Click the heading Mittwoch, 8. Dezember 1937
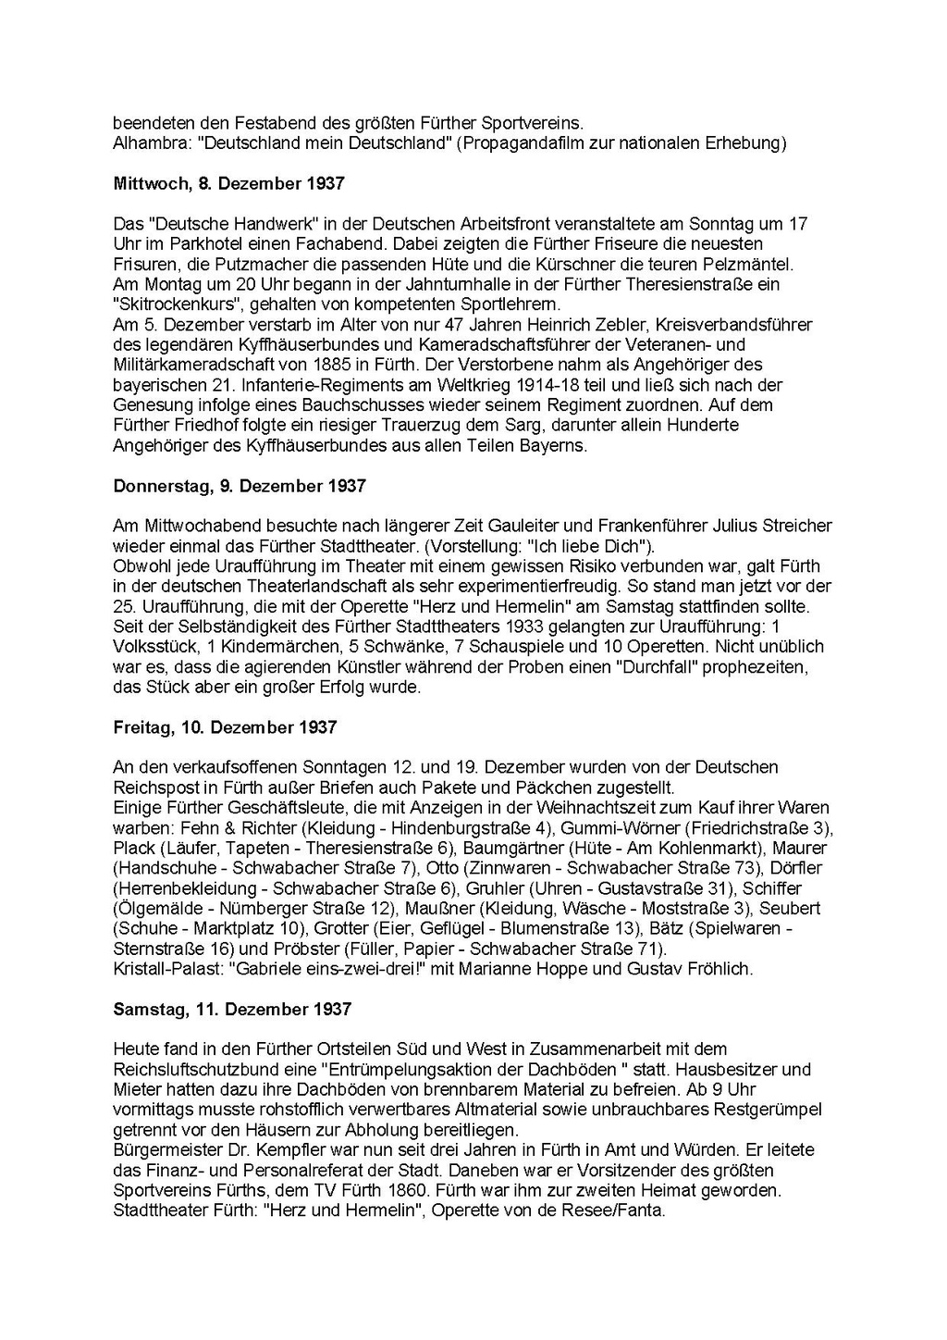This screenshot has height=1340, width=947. tap(228, 183)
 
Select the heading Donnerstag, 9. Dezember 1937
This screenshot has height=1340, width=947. tap(240, 486)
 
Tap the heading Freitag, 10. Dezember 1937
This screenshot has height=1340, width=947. tap(225, 727)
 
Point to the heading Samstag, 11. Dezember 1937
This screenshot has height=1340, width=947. tap(232, 1010)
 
